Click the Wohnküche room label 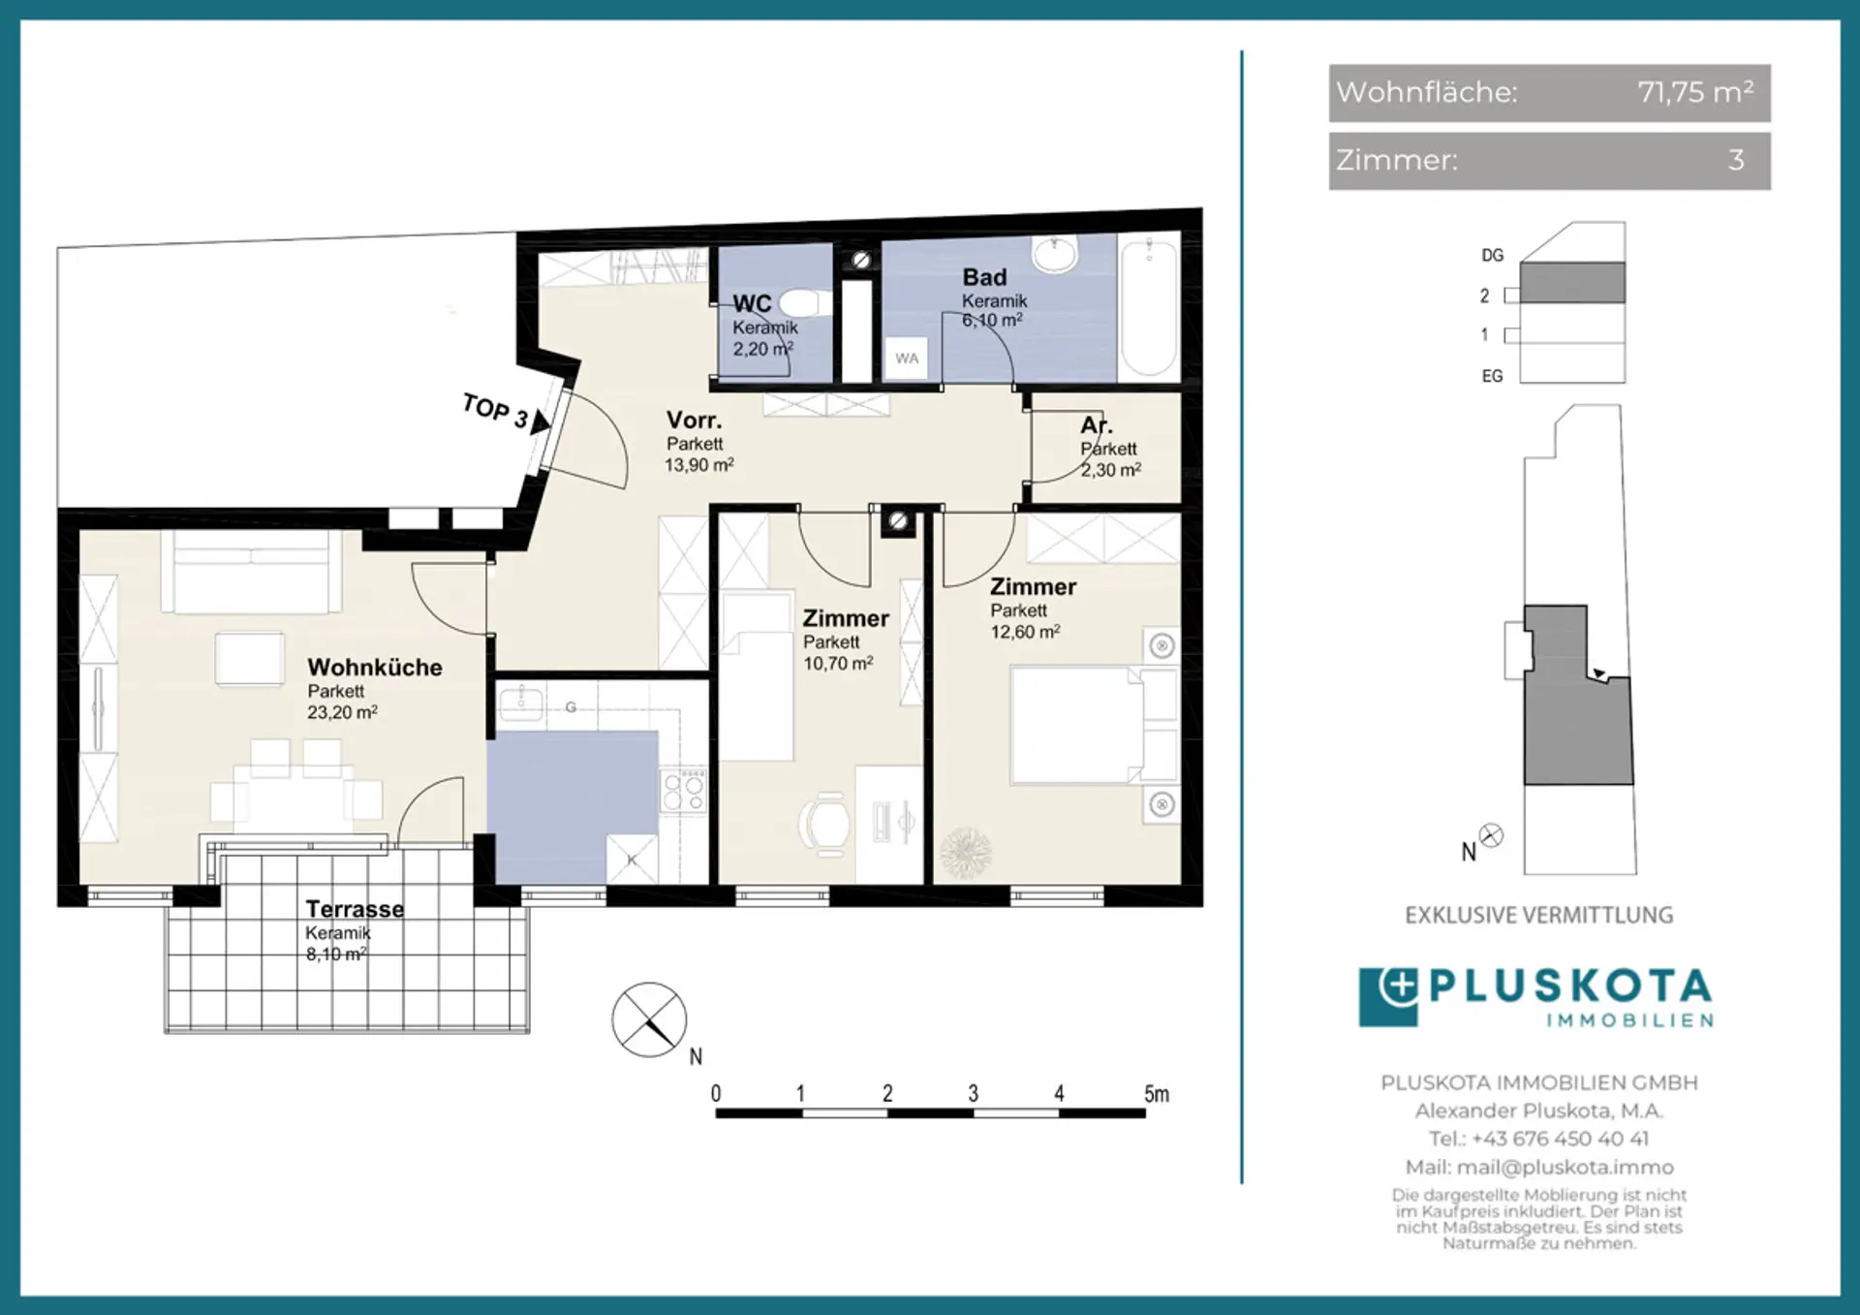tap(375, 668)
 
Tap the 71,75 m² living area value tap(1695, 92)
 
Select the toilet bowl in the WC tap(800, 302)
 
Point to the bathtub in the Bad tap(1149, 306)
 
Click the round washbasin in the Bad tap(1055, 254)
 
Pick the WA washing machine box tap(907, 359)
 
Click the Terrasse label tap(355, 909)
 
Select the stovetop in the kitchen tap(684, 791)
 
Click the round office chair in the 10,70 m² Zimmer tap(826, 825)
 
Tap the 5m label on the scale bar tap(1157, 1094)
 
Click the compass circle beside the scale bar tap(649, 1019)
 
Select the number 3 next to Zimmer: tap(1736, 160)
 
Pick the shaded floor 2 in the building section tap(1572, 283)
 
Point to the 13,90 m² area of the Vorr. tap(698, 465)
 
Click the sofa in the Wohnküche tap(251, 572)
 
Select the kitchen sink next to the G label tap(521, 703)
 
